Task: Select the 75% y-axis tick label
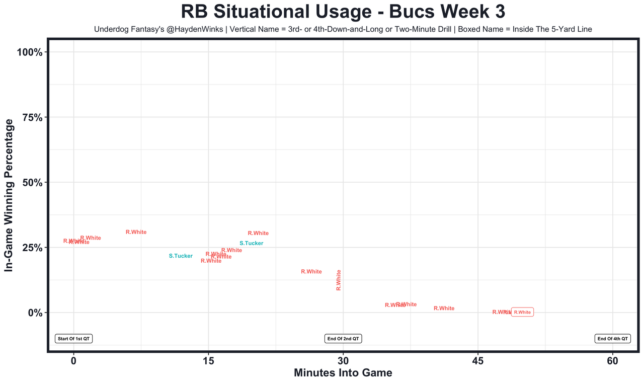(34, 117)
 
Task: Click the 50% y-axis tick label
(34, 182)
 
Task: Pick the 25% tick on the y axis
(34, 248)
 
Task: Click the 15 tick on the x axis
(208, 361)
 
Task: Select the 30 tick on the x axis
(343, 361)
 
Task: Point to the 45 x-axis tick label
(478, 361)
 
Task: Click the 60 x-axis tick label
(613, 361)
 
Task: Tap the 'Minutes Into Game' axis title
(343, 373)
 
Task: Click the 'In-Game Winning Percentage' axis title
(9, 195)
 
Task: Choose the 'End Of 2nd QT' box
(343, 339)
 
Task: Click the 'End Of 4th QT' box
(612, 339)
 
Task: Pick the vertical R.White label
(339, 280)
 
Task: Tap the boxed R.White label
(522, 312)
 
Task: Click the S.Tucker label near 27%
(251, 244)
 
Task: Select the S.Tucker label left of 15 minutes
(181, 256)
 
